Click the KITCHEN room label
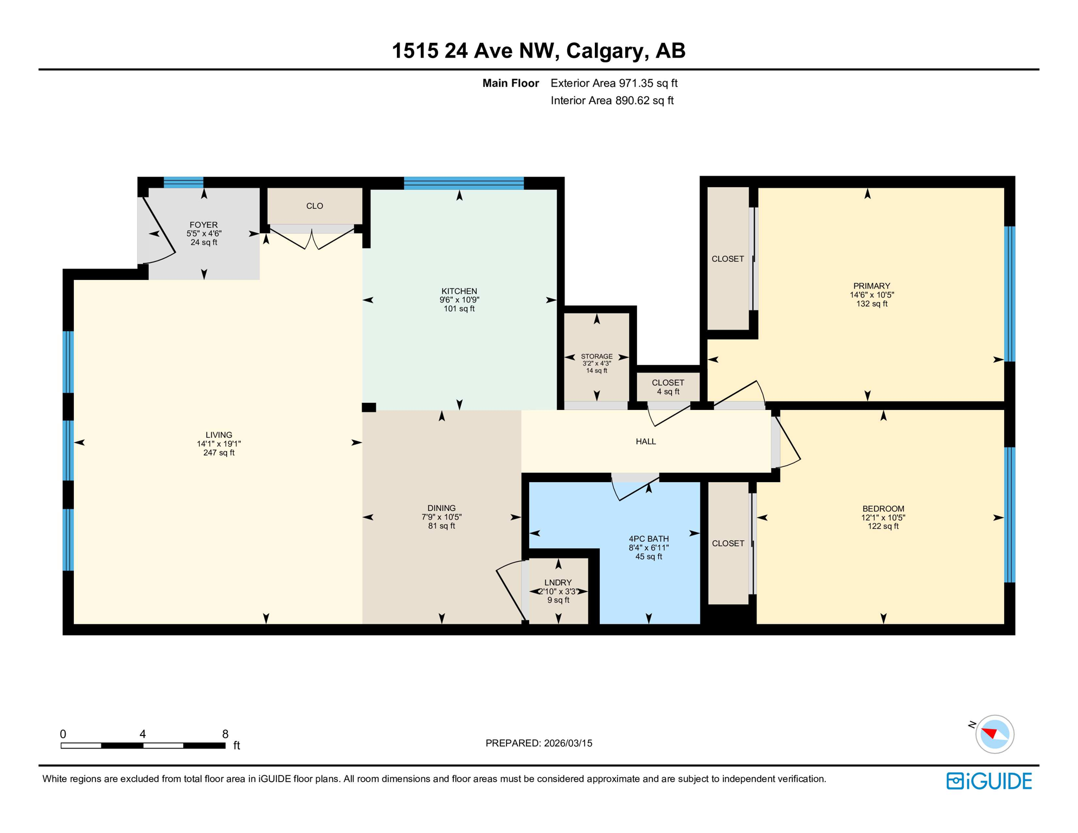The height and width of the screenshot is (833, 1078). (459, 291)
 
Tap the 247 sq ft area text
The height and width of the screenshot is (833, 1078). (219, 452)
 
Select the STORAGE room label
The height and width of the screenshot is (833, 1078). (596, 356)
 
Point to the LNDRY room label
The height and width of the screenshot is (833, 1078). (558, 582)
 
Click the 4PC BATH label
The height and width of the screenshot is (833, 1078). (649, 539)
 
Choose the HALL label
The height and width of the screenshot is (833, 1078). (646, 441)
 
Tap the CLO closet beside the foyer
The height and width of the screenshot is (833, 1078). (315, 206)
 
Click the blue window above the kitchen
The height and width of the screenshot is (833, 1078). (464, 183)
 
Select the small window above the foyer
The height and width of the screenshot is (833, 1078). (183, 182)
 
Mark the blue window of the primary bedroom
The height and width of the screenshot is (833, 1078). (1009, 293)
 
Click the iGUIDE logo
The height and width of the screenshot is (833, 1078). (989, 781)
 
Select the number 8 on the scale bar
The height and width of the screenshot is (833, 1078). (225, 734)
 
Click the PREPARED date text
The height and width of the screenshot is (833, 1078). (538, 743)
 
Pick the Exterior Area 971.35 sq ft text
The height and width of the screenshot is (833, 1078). (614, 83)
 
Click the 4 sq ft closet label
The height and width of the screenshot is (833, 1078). (668, 392)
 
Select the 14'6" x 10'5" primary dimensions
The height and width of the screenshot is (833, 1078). (871, 295)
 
